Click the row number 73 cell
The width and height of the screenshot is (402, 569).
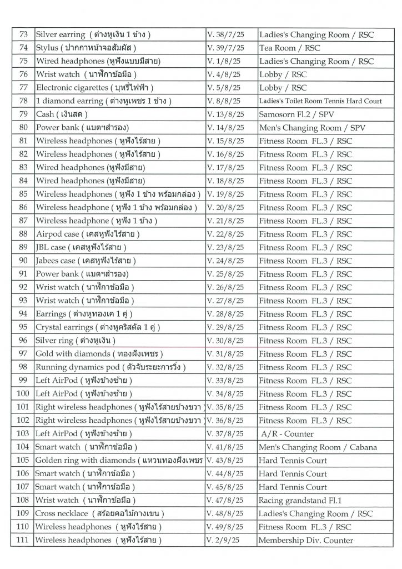[23, 34]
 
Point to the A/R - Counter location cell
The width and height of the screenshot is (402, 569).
[287, 433]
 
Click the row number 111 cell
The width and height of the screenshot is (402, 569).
[23, 540]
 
